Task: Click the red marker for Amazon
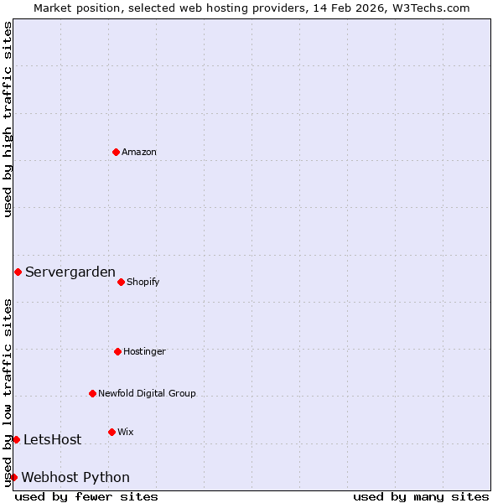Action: click(116, 152)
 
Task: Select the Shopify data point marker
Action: click(121, 282)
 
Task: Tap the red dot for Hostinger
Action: click(117, 351)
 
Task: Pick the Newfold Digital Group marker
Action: click(92, 393)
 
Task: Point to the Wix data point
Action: click(111, 432)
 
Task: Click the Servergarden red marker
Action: click(18, 272)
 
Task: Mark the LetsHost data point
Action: click(16, 439)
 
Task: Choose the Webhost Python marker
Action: click(13, 477)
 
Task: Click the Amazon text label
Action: click(139, 152)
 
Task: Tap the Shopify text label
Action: click(143, 282)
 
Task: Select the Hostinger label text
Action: click(144, 351)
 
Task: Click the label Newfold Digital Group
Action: click(147, 393)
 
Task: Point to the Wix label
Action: click(125, 432)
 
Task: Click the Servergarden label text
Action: click(70, 272)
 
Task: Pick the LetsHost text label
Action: click(52, 439)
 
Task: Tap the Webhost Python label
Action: click(75, 477)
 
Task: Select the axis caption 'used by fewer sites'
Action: click(86, 496)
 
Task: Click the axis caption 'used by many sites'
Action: click(421, 496)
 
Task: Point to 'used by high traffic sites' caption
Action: click(8, 119)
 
